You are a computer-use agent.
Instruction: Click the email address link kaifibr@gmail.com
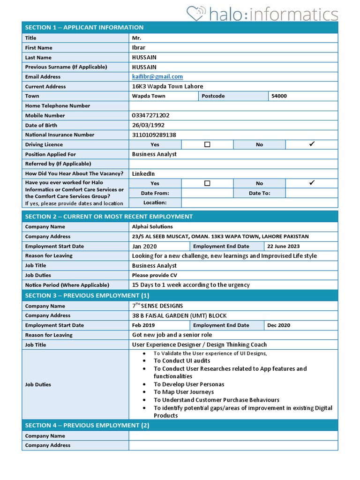[x=157, y=76]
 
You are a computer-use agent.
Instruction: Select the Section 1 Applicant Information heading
[x=84, y=27]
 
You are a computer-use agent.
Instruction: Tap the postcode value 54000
[x=279, y=96]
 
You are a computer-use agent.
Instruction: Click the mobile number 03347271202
[x=151, y=115]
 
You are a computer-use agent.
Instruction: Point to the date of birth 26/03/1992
[x=148, y=125]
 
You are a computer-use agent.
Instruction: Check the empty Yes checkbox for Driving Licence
[x=207, y=144]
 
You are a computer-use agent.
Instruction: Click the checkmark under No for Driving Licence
[x=312, y=144]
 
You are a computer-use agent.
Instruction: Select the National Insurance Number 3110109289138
[x=154, y=135]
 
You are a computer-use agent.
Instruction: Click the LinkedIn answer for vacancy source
[x=143, y=173]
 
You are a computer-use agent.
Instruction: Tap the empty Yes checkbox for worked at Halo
[x=207, y=183]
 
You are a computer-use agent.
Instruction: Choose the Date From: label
[x=155, y=193]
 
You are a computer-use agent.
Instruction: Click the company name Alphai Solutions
[x=152, y=227]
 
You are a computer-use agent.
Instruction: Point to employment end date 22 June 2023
[x=283, y=246]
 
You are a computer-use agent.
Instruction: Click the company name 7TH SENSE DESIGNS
[x=157, y=306]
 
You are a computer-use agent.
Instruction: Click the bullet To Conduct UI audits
[x=182, y=361]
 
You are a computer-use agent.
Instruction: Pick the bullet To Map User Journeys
[x=184, y=392]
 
